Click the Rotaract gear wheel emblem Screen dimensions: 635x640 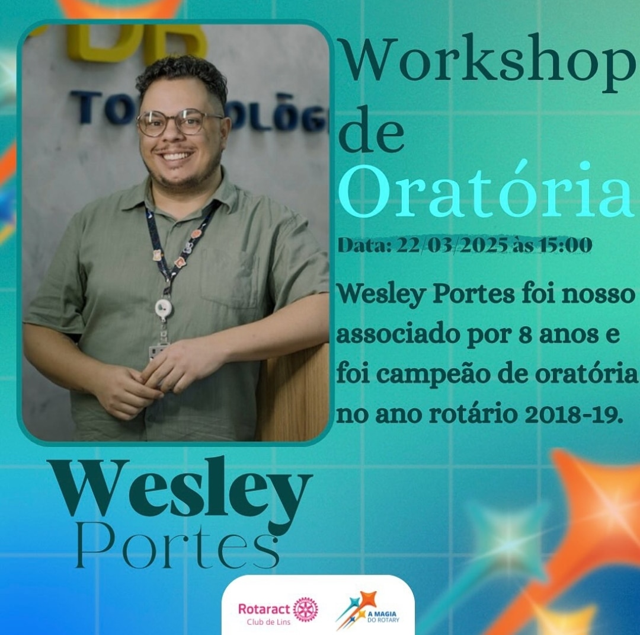pos(305,609)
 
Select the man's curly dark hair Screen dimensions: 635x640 pos(181,77)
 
